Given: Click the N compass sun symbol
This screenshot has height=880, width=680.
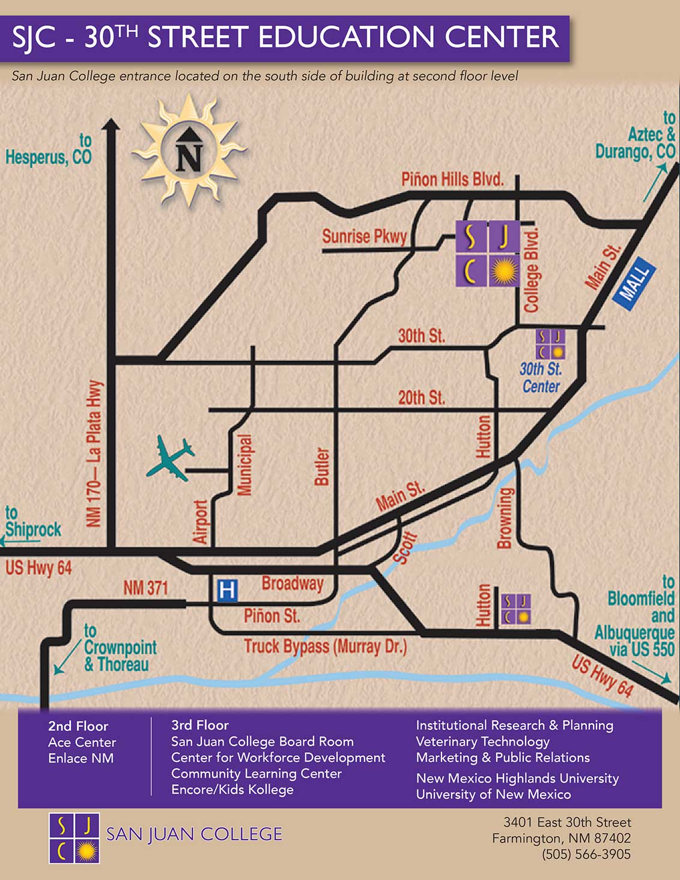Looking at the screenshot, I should point(189,150).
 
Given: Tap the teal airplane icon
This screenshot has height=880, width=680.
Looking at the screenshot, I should point(170,458).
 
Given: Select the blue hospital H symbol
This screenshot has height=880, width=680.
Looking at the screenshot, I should point(226,590).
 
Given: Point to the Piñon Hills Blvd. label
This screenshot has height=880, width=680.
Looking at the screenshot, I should point(452,179).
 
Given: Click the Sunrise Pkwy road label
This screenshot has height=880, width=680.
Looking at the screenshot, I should point(364,236).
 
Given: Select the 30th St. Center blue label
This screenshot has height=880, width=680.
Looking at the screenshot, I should point(541,377).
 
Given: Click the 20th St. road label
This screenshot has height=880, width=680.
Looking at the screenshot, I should point(421,397).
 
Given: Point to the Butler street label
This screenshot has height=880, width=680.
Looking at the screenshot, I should point(322,466).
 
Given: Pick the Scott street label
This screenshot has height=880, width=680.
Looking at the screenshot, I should point(405,548).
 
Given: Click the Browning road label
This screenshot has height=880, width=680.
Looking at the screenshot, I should point(505,518).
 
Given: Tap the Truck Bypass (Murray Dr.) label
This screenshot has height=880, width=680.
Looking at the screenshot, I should point(325,647).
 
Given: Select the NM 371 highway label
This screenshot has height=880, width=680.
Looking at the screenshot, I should point(145,587).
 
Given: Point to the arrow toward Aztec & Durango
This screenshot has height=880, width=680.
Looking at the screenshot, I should point(655,183).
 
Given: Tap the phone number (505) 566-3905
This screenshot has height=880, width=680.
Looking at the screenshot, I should point(586,854).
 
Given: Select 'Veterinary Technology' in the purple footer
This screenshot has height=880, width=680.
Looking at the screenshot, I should point(482,741).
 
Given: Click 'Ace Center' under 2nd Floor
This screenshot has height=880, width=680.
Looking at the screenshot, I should point(82,742).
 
